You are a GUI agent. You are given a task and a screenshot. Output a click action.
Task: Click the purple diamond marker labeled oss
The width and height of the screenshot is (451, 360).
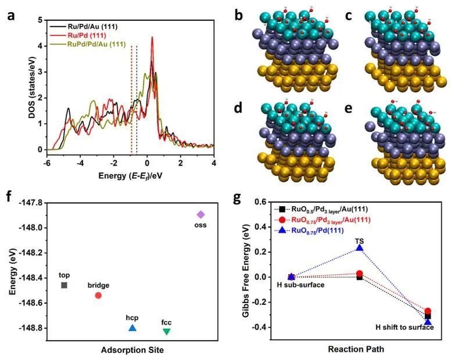click(201, 214)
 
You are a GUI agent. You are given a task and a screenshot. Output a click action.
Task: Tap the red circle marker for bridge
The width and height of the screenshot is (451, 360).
click(98, 296)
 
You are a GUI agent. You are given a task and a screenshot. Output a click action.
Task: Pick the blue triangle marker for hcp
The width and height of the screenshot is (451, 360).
click(133, 328)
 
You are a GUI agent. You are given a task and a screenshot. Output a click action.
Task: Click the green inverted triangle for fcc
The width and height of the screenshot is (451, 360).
click(167, 332)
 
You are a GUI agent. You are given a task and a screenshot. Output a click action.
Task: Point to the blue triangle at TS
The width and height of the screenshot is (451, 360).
click(360, 247)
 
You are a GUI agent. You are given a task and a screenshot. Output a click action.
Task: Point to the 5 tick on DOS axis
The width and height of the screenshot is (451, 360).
click(41, 20)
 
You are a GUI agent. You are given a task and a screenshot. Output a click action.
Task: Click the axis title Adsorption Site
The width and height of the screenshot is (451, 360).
click(116, 350)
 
